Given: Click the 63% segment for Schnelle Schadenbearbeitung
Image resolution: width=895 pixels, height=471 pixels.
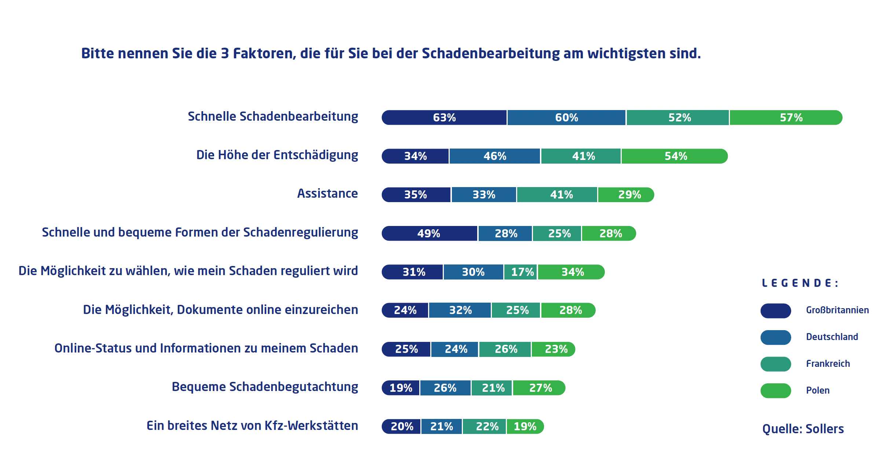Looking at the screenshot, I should pos(444,118).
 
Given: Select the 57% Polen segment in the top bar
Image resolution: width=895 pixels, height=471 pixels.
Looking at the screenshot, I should pos(786,118).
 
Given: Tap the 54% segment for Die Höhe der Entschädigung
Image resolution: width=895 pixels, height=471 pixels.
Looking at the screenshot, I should pos(675,156).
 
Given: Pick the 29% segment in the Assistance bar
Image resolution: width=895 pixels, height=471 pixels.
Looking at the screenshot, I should pos(626,195).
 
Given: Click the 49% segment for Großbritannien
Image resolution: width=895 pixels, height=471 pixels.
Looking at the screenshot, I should pos(429,234).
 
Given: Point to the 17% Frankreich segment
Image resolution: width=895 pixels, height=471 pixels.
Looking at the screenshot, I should pos(521,272).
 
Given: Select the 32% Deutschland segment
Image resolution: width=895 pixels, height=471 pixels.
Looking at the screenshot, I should pos(460,310).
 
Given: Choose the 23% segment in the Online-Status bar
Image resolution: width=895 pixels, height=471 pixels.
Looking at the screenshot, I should pos(554,349).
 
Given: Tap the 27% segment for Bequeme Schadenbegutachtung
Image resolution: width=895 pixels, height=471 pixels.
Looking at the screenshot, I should pos(539,388).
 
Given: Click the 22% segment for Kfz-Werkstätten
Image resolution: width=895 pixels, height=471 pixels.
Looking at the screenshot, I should pos(485,427).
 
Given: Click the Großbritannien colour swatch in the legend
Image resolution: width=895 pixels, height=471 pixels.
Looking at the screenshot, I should pos(775,311).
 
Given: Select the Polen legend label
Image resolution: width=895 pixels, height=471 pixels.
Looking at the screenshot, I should pos(818,391).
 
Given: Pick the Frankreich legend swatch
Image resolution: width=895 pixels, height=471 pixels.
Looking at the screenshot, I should pos(775,364).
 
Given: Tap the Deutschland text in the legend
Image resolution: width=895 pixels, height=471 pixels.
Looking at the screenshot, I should pos(832,337).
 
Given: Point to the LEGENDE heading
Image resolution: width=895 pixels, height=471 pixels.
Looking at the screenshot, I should pos(800,283).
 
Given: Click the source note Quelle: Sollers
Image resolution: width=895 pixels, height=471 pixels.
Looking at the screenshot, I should pos(803,429).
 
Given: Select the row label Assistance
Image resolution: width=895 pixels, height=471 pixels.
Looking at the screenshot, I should pos(327,194).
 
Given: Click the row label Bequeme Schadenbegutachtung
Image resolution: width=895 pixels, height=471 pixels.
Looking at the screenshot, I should pos(265,387).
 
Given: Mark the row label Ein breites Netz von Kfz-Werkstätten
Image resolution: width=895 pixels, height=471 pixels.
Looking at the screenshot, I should pos(252,426).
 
